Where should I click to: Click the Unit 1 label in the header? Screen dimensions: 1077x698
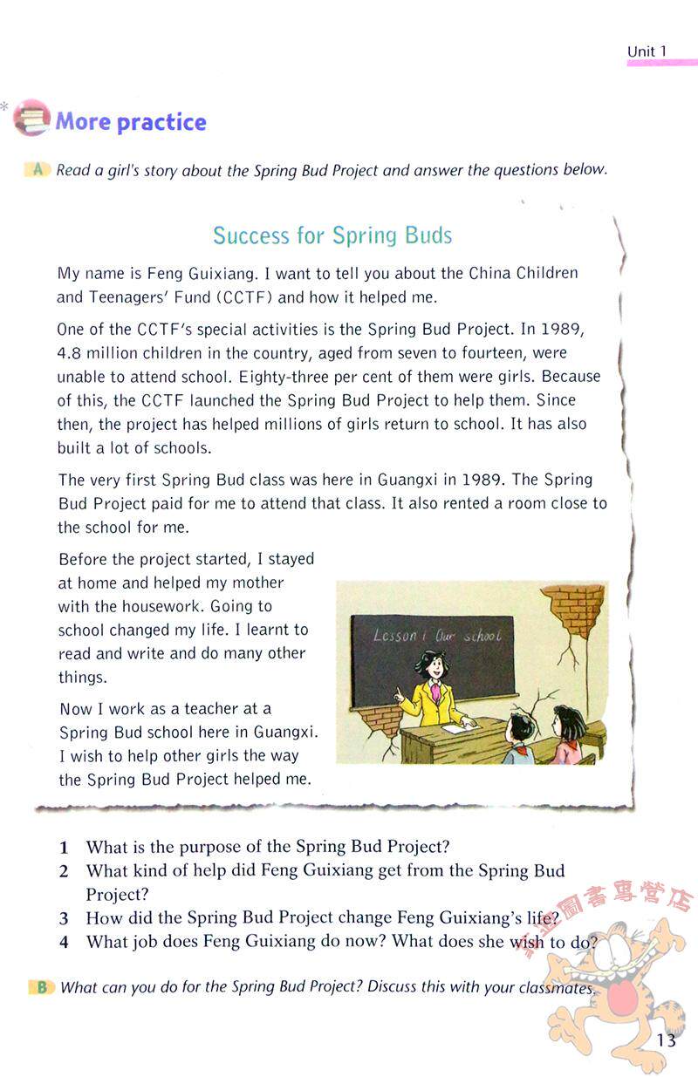tap(647, 51)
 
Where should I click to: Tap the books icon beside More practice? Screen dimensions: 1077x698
tap(32, 118)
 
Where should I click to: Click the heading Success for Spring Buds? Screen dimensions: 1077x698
tap(332, 235)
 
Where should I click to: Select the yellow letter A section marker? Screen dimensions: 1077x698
tap(38, 169)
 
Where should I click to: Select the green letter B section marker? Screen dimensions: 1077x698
tap(40, 987)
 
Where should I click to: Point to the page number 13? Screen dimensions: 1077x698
tap(667, 1040)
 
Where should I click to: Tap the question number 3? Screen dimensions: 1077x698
tap(64, 918)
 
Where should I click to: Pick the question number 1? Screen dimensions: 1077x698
tap(64, 847)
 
